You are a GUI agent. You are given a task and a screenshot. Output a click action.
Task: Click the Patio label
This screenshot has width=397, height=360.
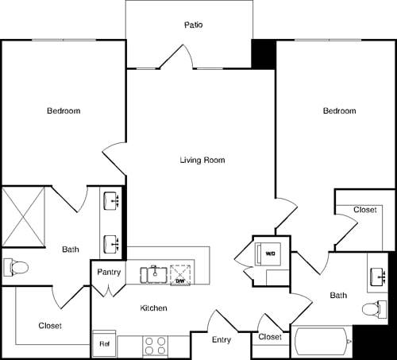pyautogui.click(x=194, y=25)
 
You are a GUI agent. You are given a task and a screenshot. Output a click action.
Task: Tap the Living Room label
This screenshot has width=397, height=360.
pyautogui.click(x=202, y=160)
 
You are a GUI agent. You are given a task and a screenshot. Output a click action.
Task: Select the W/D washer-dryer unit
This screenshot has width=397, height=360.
pyautogui.click(x=269, y=254)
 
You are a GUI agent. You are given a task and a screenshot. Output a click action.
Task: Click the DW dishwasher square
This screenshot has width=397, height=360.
pyautogui.click(x=180, y=275)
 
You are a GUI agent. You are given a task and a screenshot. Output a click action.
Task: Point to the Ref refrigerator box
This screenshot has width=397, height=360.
pyautogui.click(x=104, y=343)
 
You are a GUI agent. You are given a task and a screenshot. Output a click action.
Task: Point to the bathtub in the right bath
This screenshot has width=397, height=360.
pyautogui.click(x=322, y=343)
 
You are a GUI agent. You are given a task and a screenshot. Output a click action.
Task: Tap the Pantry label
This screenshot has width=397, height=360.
pyautogui.click(x=109, y=272)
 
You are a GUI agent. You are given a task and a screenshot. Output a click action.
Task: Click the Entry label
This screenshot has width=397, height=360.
pyautogui.click(x=222, y=339)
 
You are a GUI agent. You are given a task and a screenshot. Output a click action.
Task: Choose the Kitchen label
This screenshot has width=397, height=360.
pyautogui.click(x=153, y=308)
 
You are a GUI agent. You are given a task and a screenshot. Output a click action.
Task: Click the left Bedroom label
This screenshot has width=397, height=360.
pyautogui.click(x=64, y=110)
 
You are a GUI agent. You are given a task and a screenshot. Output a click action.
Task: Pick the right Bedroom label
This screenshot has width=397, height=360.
pyautogui.click(x=339, y=110)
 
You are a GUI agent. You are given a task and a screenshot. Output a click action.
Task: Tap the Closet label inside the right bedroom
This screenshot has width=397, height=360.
pyautogui.click(x=364, y=210)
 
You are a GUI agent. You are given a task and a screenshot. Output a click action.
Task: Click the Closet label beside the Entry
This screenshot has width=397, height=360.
pyautogui.click(x=270, y=337)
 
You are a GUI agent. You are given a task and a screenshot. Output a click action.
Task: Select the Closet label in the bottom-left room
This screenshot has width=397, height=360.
pyautogui.click(x=50, y=326)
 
